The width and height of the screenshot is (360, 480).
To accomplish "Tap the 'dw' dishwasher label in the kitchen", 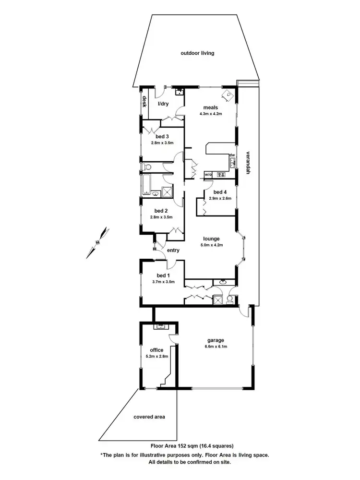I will [x=232, y=155].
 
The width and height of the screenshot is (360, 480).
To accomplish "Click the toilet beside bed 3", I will [x=146, y=167].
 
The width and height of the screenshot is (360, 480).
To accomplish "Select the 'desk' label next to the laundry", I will [x=144, y=102].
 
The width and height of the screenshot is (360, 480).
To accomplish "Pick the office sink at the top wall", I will [x=159, y=327].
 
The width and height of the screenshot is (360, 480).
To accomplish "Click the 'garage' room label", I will [x=212, y=339].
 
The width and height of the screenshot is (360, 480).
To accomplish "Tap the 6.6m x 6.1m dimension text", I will [x=212, y=346].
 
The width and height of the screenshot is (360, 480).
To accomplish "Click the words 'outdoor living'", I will [x=197, y=53].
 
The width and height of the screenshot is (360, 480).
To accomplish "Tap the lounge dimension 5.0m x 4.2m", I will [x=211, y=245].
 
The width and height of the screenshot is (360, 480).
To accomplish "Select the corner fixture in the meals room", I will [x=227, y=95].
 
